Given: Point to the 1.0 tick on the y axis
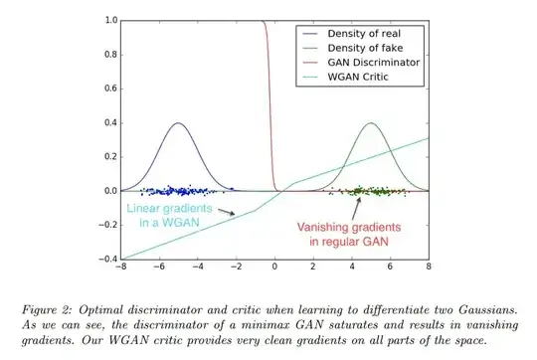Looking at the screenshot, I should click(x=107, y=20).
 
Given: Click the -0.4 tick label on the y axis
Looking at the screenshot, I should click(x=103, y=259).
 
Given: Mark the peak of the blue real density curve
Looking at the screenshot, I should click(x=178, y=123).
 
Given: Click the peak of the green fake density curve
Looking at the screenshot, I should click(x=371, y=123).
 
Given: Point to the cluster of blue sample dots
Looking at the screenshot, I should click(x=179, y=190).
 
